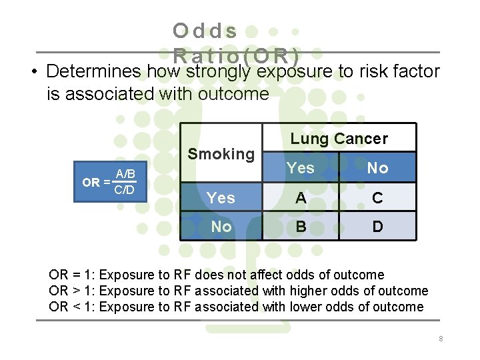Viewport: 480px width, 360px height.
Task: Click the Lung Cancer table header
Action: (339, 139)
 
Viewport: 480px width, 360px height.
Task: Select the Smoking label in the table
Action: (221, 154)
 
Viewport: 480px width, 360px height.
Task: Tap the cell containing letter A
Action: (301, 197)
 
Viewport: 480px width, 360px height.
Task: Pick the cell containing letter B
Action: (301, 227)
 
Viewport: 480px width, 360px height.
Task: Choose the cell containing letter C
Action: (377, 197)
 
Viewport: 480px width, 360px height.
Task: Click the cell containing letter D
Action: (377, 227)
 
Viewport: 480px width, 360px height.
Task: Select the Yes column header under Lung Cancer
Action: (301, 168)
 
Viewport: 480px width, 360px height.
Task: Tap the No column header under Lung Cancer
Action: (377, 168)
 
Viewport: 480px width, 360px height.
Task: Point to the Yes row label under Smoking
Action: (221, 198)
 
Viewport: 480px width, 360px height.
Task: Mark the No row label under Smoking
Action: (221, 227)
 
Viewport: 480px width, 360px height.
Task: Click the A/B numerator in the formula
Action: (125, 175)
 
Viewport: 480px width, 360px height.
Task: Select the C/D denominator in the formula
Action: (125, 191)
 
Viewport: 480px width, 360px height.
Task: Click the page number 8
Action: (441, 339)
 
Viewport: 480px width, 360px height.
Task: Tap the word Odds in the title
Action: (205, 31)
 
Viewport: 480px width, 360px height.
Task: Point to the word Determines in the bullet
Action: (94, 71)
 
